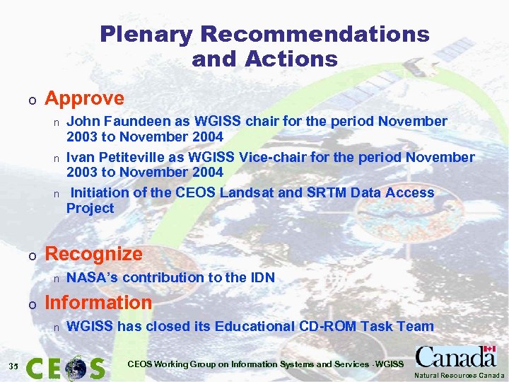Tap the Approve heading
click(84, 98)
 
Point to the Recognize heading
click(93, 253)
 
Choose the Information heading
click(98, 302)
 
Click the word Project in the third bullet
click(90, 208)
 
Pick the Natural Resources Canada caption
click(460, 375)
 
